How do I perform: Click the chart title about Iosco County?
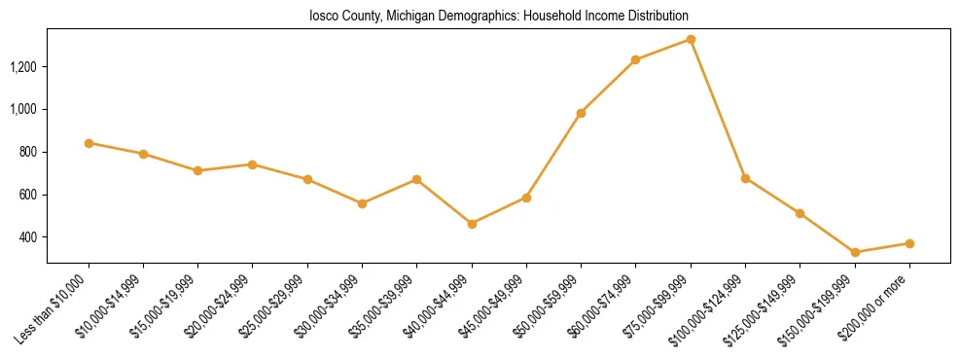499,16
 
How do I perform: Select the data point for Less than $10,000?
89,143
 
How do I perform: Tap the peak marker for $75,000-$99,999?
691,39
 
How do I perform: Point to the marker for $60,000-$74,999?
635,59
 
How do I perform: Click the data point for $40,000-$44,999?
472,224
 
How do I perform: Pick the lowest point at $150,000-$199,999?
855,252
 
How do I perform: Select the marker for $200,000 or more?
909,243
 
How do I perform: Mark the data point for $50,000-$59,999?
581,113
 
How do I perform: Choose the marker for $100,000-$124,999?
745,178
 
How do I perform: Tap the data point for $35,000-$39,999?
416,179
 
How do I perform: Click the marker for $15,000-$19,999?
197,170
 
